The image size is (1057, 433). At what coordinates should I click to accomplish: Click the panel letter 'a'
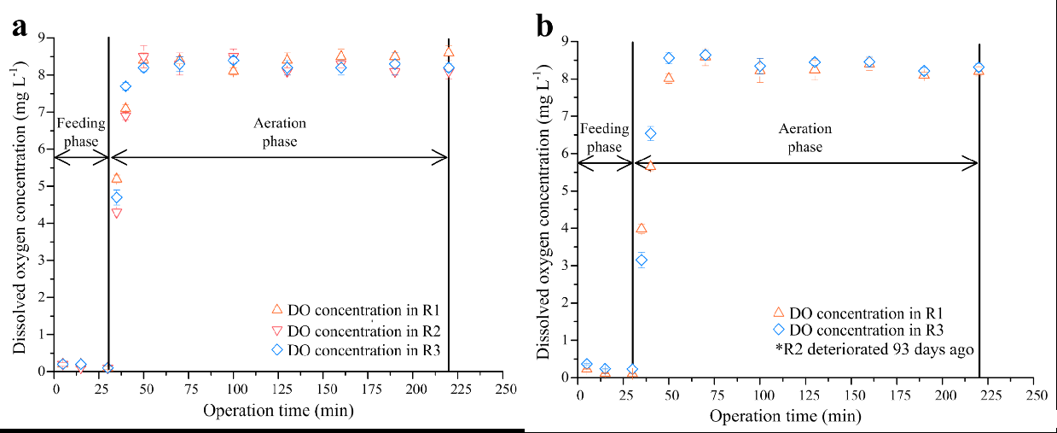(19, 26)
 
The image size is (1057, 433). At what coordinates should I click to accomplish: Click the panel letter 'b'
(544, 26)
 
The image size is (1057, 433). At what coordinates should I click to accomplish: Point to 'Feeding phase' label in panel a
(81, 132)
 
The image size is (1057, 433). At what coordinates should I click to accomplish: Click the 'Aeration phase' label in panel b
(804, 138)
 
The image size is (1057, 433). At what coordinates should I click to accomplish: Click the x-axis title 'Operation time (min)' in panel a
(278, 411)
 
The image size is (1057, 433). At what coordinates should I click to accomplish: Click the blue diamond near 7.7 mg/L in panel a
(125, 86)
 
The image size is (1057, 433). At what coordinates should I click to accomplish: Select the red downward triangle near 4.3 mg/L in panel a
(117, 213)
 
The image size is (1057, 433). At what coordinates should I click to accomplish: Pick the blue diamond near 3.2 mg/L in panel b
(642, 260)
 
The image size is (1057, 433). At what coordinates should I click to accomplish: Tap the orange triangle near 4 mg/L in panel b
(642, 228)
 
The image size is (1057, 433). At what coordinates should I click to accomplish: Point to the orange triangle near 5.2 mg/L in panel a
(117, 178)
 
